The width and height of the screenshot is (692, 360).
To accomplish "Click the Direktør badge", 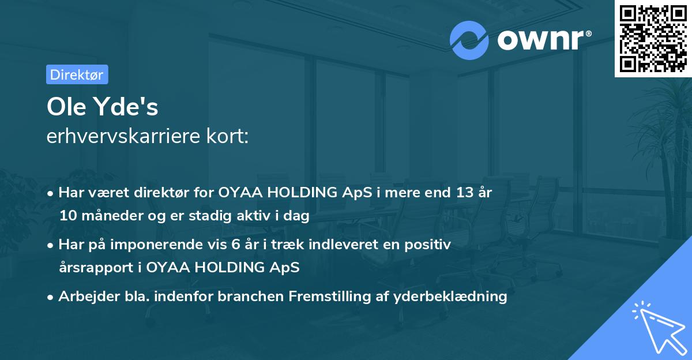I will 77,74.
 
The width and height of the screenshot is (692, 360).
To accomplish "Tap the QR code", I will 653,38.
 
